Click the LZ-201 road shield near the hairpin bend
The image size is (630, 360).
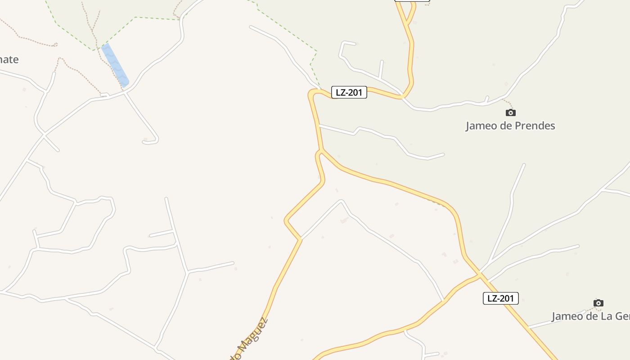(349, 93)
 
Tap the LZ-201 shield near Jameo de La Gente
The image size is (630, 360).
(500, 298)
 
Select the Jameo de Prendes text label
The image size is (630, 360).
(510, 126)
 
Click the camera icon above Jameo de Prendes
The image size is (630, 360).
(510, 112)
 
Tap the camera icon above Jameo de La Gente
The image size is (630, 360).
(598, 303)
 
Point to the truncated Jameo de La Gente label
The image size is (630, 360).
(590, 316)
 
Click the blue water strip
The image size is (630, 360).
(115, 65)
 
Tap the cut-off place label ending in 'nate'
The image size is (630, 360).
(9, 59)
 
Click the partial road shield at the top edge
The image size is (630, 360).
(412, 0)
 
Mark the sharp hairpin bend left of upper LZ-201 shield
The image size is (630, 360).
(311, 94)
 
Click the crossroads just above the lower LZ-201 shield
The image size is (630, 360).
(480, 274)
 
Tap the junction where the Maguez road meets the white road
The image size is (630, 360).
(300, 239)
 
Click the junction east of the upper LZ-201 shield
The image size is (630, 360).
(402, 97)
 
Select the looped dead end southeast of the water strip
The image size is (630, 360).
(150, 141)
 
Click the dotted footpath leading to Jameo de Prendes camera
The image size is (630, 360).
(508, 103)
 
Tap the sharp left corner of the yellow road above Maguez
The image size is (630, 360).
(286, 220)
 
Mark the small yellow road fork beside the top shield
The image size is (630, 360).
(407, 21)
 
